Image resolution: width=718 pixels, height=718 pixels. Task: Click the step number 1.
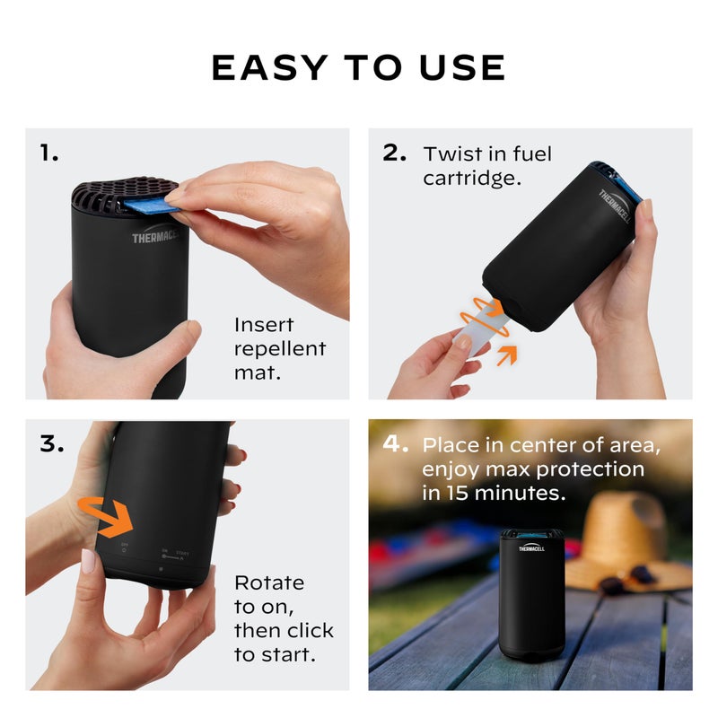pos(49,153)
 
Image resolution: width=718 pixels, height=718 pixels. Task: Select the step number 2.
pos(395,153)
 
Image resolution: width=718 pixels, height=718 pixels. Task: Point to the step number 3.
pos(52,443)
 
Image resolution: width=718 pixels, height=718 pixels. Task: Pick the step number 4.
pos(396,443)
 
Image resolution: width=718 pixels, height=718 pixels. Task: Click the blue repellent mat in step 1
pos(148,207)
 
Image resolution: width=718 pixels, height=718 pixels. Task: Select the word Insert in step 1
pos(264,325)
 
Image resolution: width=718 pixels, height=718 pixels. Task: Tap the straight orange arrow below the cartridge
pos(508,355)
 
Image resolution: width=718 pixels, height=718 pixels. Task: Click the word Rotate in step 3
pos(268,582)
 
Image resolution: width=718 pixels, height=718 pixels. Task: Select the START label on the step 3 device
pos(182,553)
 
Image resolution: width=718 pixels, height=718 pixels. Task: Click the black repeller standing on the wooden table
pos(531,592)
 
